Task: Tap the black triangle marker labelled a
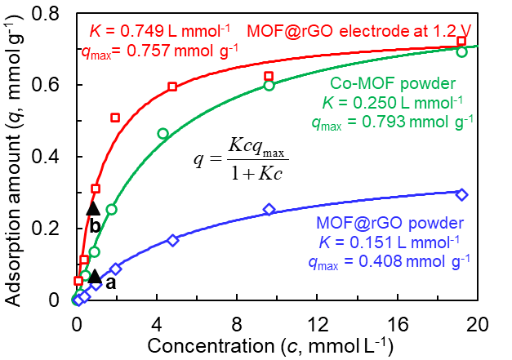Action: (x=95, y=277)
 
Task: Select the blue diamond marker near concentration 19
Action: (x=461, y=194)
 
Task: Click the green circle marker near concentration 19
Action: (x=461, y=51)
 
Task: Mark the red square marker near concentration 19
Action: (x=461, y=41)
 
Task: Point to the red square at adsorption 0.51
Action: (x=115, y=118)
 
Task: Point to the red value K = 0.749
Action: (x=147, y=32)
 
